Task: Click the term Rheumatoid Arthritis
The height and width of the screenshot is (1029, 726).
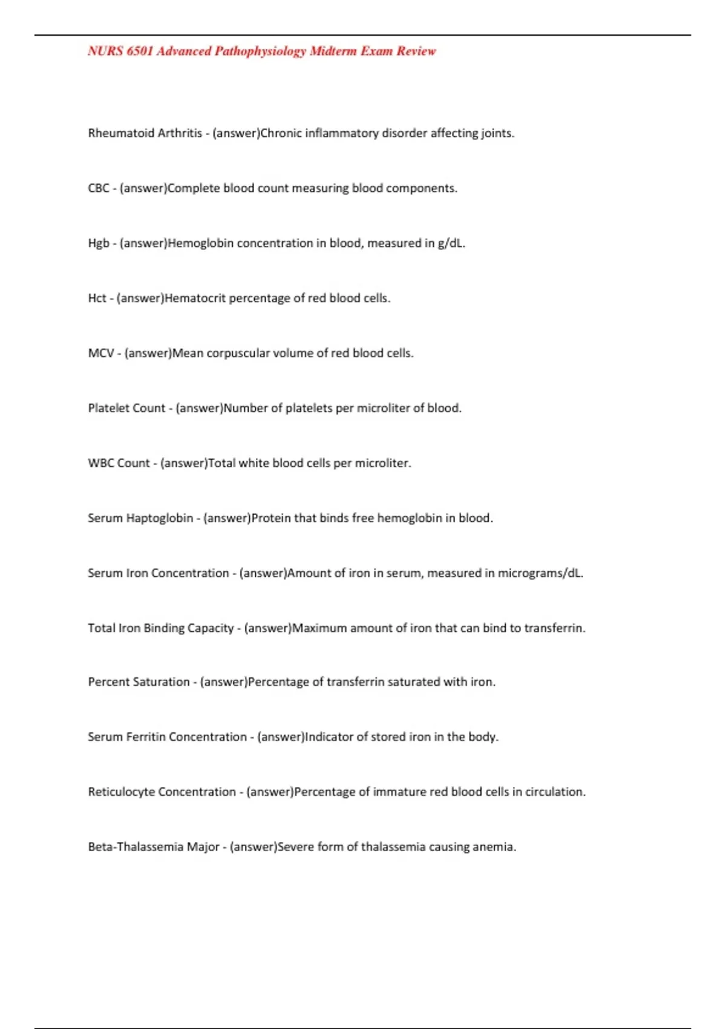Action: tap(145, 133)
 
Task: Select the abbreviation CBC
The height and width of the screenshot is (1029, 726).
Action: tap(99, 188)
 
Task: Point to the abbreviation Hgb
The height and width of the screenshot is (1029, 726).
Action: tap(99, 243)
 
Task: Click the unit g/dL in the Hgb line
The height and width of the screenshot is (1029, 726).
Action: tap(450, 243)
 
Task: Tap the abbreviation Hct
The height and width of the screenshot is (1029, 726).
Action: tap(97, 298)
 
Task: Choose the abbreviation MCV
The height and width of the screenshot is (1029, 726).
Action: tap(101, 353)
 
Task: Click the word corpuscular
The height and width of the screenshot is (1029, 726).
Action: tap(238, 353)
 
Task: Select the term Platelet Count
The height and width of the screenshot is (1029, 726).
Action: tap(126, 409)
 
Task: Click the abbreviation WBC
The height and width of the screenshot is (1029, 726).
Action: tap(101, 464)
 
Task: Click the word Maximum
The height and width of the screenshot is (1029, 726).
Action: tap(319, 628)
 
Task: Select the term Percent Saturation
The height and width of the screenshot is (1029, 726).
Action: tap(139, 682)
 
